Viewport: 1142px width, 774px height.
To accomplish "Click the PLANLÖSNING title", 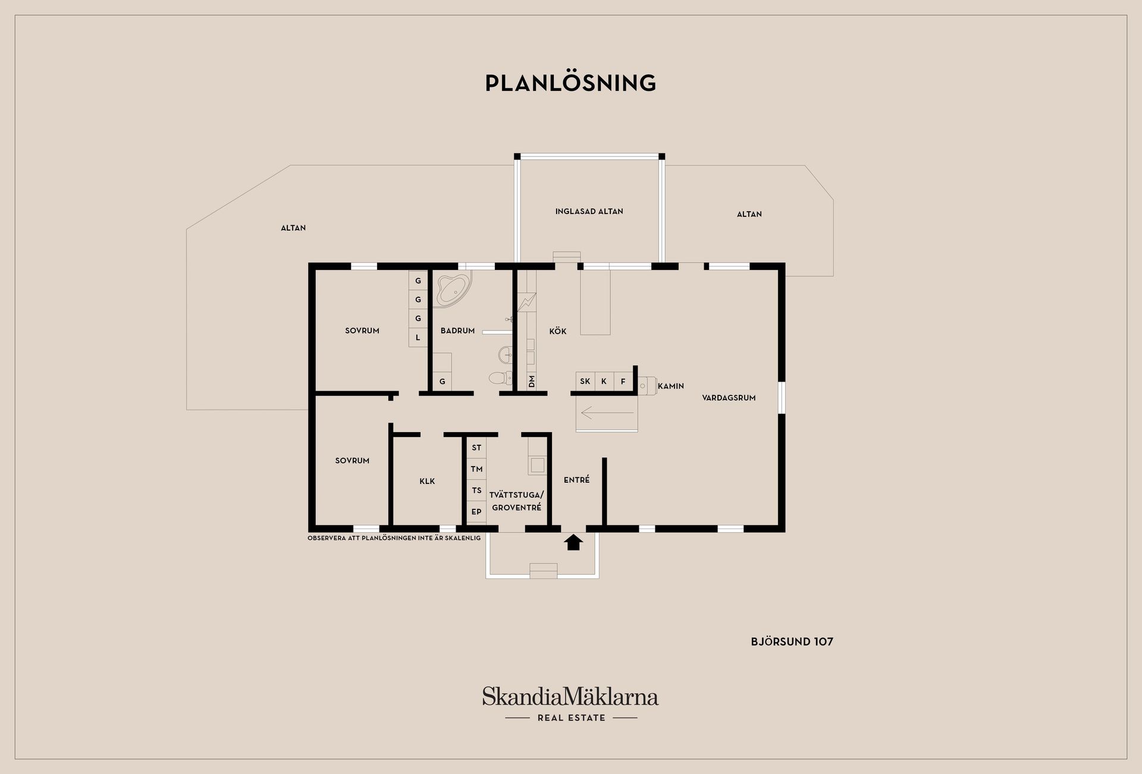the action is pyautogui.click(x=570, y=83).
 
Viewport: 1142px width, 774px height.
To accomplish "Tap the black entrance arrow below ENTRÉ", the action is pyautogui.click(x=573, y=542).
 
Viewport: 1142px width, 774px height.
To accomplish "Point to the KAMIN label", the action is pyautogui.click(x=671, y=386).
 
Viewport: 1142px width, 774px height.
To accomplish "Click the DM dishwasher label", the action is pyautogui.click(x=532, y=381).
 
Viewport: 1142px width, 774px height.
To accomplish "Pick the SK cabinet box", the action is pyautogui.click(x=585, y=382).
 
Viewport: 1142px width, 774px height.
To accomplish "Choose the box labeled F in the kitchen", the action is pyautogui.click(x=623, y=382).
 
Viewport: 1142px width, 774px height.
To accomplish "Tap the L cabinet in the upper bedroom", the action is pyautogui.click(x=418, y=337).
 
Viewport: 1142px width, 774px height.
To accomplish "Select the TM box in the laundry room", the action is pyautogui.click(x=476, y=469).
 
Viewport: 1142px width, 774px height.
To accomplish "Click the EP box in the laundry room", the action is pyautogui.click(x=476, y=512).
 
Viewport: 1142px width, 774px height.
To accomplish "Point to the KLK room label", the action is pyautogui.click(x=427, y=482).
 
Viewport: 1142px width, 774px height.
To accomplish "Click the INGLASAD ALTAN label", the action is pyautogui.click(x=589, y=212).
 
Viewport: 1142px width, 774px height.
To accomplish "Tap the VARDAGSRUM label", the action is pyautogui.click(x=729, y=398).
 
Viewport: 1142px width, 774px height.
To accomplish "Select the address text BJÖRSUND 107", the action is pyautogui.click(x=792, y=641).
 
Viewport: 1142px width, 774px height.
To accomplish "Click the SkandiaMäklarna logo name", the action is pyautogui.click(x=570, y=696).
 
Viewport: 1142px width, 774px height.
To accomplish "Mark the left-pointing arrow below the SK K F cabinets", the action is pyautogui.click(x=607, y=413).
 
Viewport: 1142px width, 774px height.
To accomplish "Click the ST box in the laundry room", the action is pyautogui.click(x=476, y=448).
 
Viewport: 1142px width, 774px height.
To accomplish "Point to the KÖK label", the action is pyautogui.click(x=558, y=332).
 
